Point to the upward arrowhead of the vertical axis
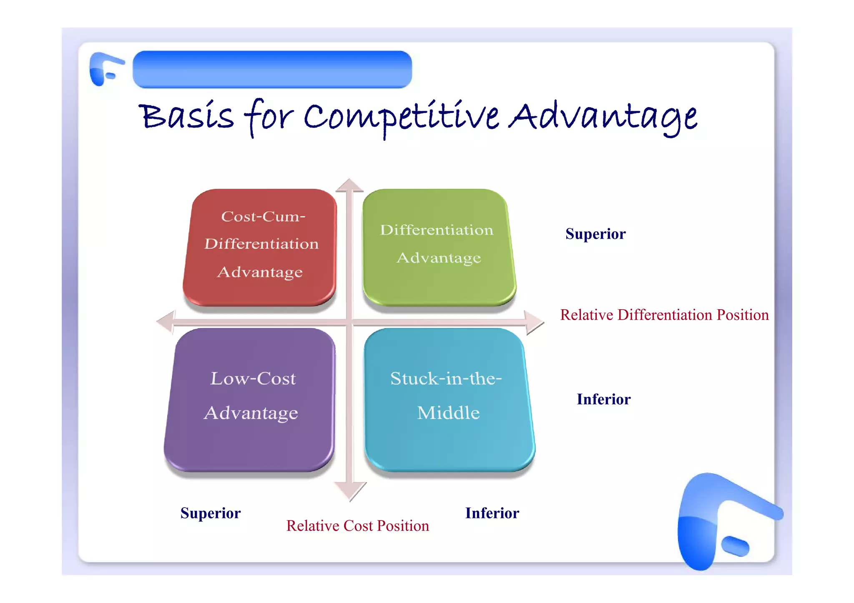click(x=349, y=185)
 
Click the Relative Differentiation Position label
click(x=664, y=315)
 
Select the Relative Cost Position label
click(x=357, y=526)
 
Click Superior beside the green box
click(x=595, y=234)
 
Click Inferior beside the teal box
click(x=603, y=399)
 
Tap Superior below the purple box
click(x=210, y=513)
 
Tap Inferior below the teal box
click(x=492, y=513)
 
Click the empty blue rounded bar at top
click(x=272, y=69)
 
